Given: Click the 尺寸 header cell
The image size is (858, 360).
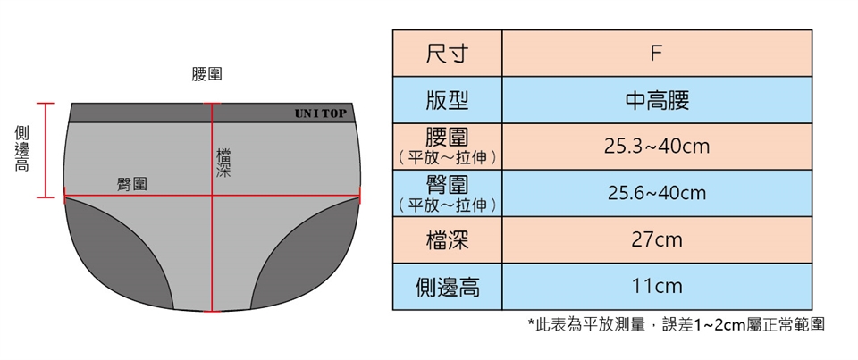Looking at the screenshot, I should pyautogui.click(x=447, y=53).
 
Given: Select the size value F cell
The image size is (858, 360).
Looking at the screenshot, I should pyautogui.click(x=656, y=53).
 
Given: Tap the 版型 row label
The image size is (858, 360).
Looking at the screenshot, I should pyautogui.click(x=447, y=99).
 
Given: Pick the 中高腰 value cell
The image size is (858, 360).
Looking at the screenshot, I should pyautogui.click(x=656, y=99).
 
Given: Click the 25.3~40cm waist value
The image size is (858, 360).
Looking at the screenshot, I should pyautogui.click(x=656, y=146).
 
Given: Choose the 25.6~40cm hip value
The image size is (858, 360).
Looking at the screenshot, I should pyautogui.click(x=656, y=193).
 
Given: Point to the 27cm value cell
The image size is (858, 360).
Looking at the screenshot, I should pyautogui.click(x=656, y=239).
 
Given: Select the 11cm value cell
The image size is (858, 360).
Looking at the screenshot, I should pyautogui.click(x=656, y=287).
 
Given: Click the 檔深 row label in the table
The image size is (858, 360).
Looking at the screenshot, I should pyautogui.click(x=447, y=239).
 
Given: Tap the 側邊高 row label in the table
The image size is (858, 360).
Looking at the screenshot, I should pyautogui.click(x=447, y=287).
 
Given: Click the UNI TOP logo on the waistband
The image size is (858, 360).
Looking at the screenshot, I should pyautogui.click(x=320, y=114).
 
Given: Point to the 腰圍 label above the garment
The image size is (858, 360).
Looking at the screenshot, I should pyautogui.click(x=207, y=75).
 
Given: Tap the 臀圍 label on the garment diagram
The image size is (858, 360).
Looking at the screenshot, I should pyautogui.click(x=132, y=184).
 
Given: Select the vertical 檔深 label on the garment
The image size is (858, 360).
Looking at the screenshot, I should pyautogui.click(x=223, y=162).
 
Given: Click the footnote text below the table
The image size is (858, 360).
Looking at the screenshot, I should pyautogui.click(x=676, y=324).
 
